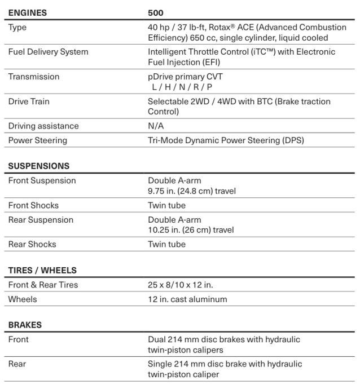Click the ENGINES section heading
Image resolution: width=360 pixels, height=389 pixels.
pos(27,12)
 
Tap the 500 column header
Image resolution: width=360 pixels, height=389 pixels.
pos(156,12)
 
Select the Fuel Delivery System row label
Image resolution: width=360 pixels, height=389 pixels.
pos(48,52)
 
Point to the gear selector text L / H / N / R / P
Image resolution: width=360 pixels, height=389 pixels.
pos(182,87)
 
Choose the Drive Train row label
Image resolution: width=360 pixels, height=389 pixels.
pos(29,101)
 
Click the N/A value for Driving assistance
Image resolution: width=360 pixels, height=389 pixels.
pos(156,126)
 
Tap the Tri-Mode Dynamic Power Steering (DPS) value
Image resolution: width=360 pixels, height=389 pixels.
pos(226,140)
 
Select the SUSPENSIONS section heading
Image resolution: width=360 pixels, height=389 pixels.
pos(39,166)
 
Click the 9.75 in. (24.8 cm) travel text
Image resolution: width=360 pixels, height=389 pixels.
pos(192,191)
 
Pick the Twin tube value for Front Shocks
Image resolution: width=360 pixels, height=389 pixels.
pos(166,206)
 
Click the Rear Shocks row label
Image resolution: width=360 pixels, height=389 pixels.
pos(32,245)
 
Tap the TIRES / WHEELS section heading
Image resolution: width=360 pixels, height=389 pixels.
pos(42,271)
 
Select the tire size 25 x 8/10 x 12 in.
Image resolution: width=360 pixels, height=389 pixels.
pos(180,285)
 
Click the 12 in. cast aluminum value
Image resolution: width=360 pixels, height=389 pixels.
pos(187,299)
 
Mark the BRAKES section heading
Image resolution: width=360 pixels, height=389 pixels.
pos(25,325)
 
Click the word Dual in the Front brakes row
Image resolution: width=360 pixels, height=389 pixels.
pos(157,339)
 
